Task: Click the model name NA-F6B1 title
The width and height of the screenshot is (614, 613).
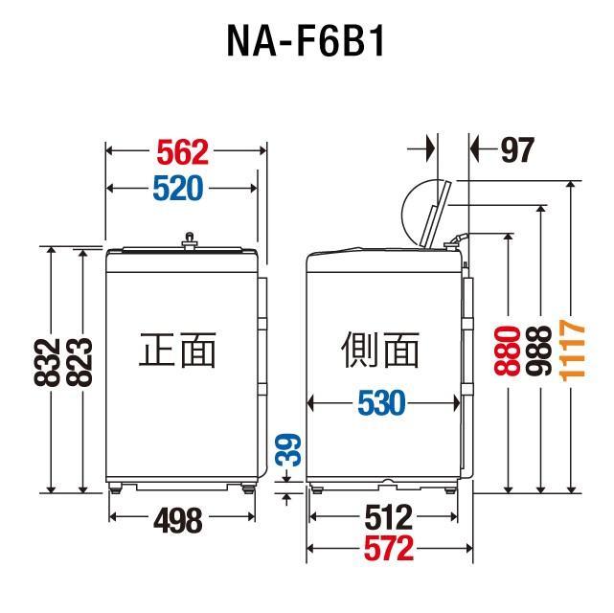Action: pyautogui.click(x=306, y=41)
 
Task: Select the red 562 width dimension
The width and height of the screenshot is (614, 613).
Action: pyautogui.click(x=183, y=152)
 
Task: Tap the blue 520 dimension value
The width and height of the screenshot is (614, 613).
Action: pyautogui.click(x=178, y=189)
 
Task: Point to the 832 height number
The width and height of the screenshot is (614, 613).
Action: pyautogui.click(x=47, y=363)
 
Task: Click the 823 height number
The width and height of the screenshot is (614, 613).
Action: pyautogui.click(x=80, y=362)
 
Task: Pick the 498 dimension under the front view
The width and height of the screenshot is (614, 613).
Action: pyautogui.click(x=178, y=520)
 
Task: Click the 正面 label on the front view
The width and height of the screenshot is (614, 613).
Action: pyautogui.click(x=177, y=350)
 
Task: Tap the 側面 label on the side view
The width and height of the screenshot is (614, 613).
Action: pyautogui.click(x=380, y=350)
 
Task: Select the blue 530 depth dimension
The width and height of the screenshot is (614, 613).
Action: pyautogui.click(x=382, y=403)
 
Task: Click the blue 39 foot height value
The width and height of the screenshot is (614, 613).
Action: pyautogui.click(x=288, y=450)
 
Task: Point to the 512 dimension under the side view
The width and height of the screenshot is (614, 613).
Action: pyautogui.click(x=389, y=517)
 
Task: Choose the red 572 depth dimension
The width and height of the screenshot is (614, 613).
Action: pyautogui.click(x=389, y=549)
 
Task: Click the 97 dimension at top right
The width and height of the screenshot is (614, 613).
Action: pyautogui.click(x=517, y=149)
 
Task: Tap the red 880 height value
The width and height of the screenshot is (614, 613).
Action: pyautogui.click(x=508, y=352)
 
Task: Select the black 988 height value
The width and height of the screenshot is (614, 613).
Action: pyautogui.click(x=539, y=352)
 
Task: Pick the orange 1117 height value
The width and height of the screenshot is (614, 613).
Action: pyautogui.click(x=572, y=351)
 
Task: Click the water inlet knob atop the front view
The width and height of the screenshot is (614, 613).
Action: pyautogui.click(x=190, y=240)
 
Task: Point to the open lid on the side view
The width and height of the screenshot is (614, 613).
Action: pyautogui.click(x=436, y=215)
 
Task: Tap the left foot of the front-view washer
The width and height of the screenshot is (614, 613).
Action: pyautogui.click(x=115, y=488)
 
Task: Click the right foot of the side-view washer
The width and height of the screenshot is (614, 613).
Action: pyautogui.click(x=450, y=488)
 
